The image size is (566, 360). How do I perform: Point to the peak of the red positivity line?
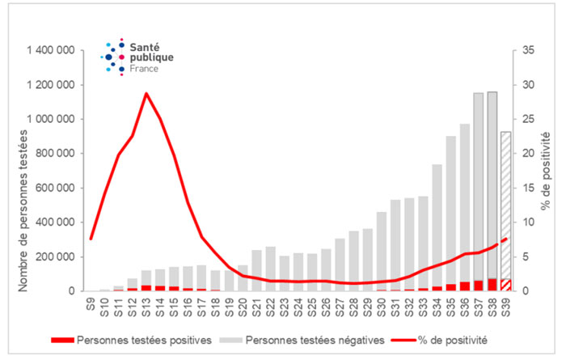point(146,94)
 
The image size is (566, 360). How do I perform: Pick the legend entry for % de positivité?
point(453,340)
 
